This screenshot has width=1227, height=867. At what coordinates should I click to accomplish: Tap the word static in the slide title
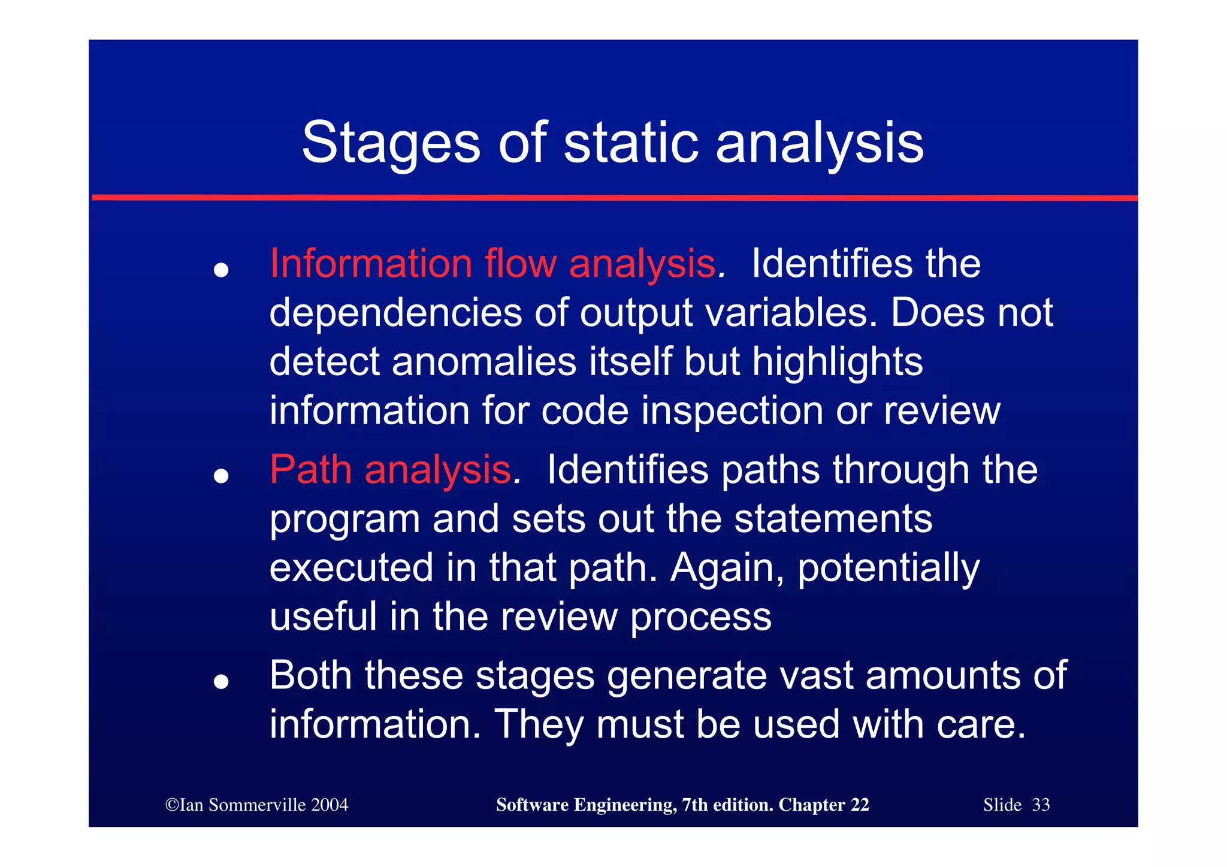tap(631, 143)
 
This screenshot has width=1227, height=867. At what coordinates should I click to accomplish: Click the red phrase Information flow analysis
tap(492, 264)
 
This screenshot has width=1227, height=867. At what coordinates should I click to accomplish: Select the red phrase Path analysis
tap(390, 470)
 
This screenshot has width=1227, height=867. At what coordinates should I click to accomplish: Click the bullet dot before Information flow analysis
tap(222, 270)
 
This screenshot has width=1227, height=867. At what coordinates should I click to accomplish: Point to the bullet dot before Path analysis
tap(222, 476)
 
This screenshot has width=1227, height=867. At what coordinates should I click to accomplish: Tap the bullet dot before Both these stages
tap(222, 682)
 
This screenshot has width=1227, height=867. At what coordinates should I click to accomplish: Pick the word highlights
tap(837, 362)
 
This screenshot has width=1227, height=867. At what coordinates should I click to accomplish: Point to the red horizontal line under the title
tap(613, 198)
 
